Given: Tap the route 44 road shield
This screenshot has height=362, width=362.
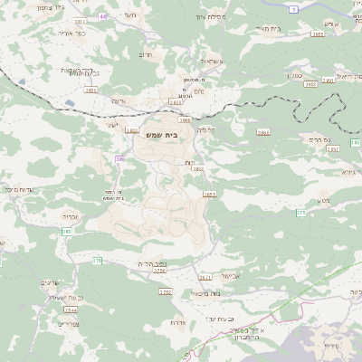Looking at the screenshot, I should [x=102, y=15].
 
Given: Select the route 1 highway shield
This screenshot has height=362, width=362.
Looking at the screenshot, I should [x=294, y=8].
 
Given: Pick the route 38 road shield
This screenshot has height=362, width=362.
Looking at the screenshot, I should [x=119, y=159].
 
